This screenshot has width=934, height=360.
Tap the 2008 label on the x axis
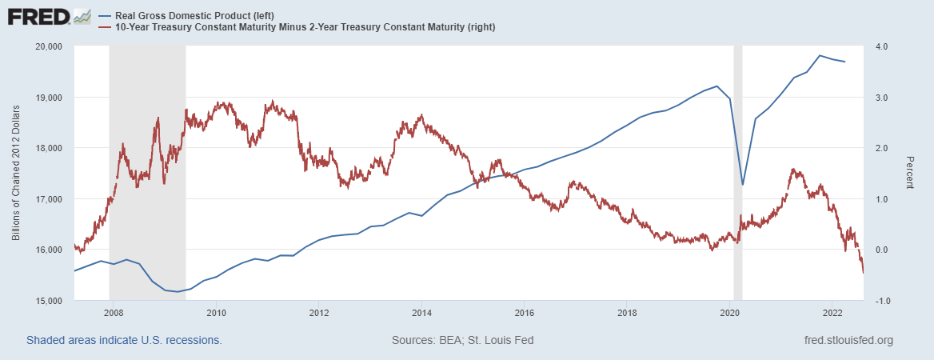pos(113,313)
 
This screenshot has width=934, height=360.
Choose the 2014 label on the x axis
pos(422,313)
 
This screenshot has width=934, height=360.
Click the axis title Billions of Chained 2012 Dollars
pos(17,173)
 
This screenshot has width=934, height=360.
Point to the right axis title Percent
pos(909,173)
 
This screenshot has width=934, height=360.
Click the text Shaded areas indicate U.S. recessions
pos(124,340)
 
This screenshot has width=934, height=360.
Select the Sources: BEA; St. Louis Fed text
pos(462,340)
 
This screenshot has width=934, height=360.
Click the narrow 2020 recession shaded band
pos(737,160)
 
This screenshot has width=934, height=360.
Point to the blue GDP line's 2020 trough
pos(743,185)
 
